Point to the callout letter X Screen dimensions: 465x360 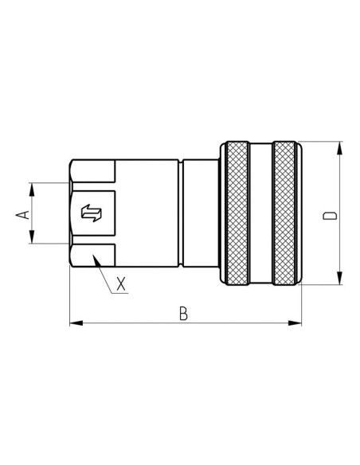(x=120, y=283)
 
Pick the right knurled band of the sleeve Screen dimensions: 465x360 (x=287, y=213)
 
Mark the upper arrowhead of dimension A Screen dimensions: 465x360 (x=32, y=188)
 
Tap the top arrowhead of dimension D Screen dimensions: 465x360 (x=341, y=147)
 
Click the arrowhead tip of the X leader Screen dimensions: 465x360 (x=94, y=257)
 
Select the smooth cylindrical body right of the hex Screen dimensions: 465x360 (x=147, y=213)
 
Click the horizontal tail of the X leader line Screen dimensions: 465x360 (x=120, y=294)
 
